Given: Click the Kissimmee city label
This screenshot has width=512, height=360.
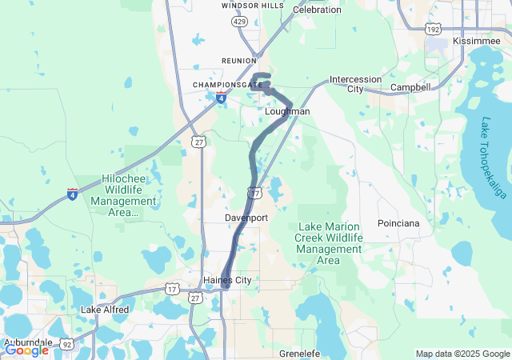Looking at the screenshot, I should point(477,40).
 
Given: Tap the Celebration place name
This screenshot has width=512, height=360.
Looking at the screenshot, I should point(317,10).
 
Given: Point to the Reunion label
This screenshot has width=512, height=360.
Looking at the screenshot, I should point(240,61).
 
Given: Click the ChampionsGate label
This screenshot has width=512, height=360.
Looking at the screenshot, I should point(226,84).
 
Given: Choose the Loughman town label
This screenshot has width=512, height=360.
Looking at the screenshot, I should point(287,111).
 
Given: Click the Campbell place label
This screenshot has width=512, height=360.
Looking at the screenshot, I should point(410,86).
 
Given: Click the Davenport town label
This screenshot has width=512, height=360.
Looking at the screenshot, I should point(246,218).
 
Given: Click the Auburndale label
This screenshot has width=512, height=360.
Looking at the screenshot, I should point(27,342).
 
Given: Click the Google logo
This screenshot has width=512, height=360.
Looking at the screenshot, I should point(26,350).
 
